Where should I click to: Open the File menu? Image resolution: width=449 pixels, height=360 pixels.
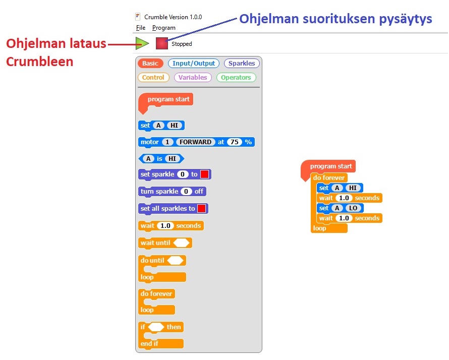click(140, 28)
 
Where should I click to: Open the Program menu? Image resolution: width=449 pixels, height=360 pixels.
click(164, 28)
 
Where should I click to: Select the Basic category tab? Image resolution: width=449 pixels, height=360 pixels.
click(150, 64)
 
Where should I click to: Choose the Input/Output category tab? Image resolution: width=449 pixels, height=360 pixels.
click(194, 64)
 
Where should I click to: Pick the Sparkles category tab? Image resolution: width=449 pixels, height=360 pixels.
click(242, 64)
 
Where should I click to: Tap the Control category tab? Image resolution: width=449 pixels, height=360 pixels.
click(153, 78)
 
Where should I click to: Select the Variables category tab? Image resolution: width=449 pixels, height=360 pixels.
click(193, 78)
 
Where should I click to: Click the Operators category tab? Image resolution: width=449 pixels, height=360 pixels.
click(236, 78)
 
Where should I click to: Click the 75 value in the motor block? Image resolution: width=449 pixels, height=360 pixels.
click(234, 142)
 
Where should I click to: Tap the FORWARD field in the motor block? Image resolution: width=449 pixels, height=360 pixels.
click(196, 142)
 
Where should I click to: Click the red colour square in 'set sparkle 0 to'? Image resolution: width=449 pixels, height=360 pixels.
click(204, 174)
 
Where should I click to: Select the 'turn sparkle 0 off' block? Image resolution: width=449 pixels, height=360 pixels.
click(172, 192)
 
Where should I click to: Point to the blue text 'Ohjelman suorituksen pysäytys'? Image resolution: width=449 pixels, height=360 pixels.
click(335, 19)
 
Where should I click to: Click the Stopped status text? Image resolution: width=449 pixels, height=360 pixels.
click(182, 44)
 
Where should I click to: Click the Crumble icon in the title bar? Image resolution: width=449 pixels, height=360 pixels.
click(138, 17)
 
